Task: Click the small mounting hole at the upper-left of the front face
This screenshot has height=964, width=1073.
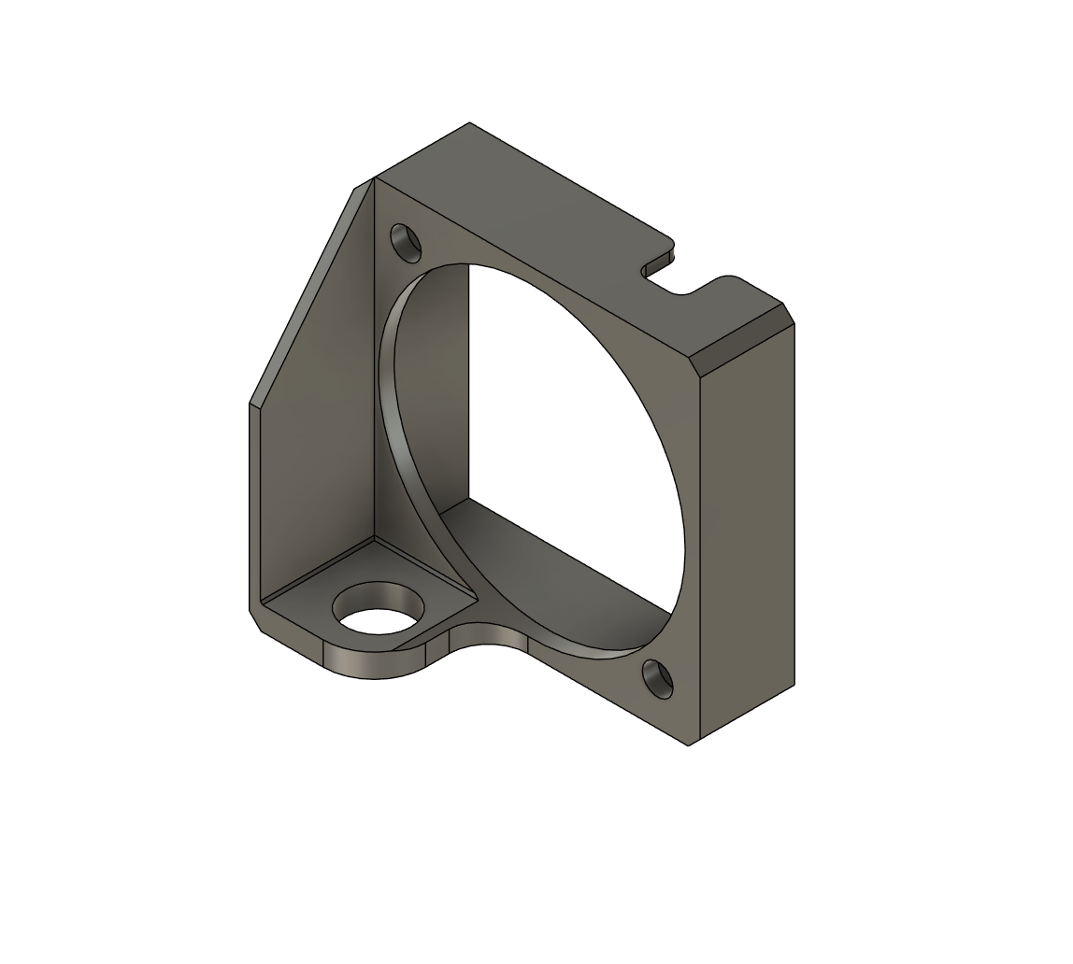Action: [406, 243]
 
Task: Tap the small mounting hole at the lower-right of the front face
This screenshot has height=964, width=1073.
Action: [659, 679]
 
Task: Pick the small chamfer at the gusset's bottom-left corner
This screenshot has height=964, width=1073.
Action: [254, 621]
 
